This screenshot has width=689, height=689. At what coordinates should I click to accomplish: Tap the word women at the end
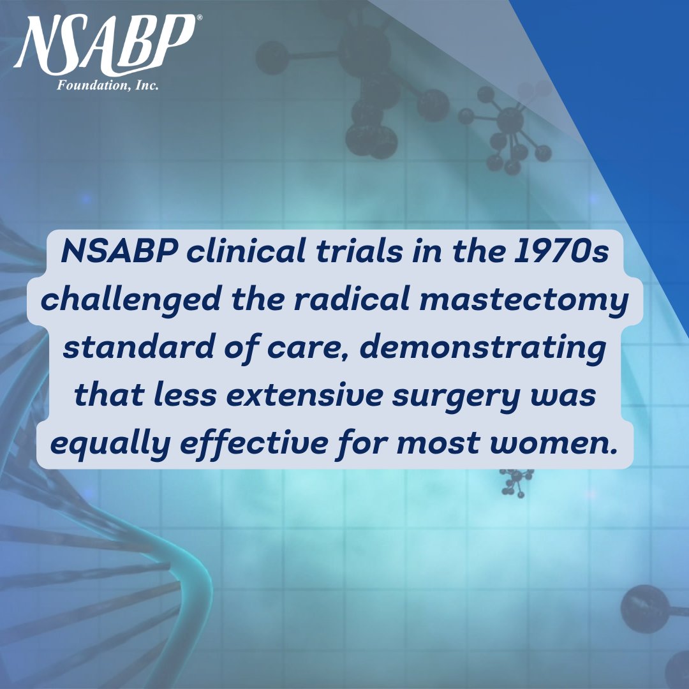(x=554, y=443)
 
